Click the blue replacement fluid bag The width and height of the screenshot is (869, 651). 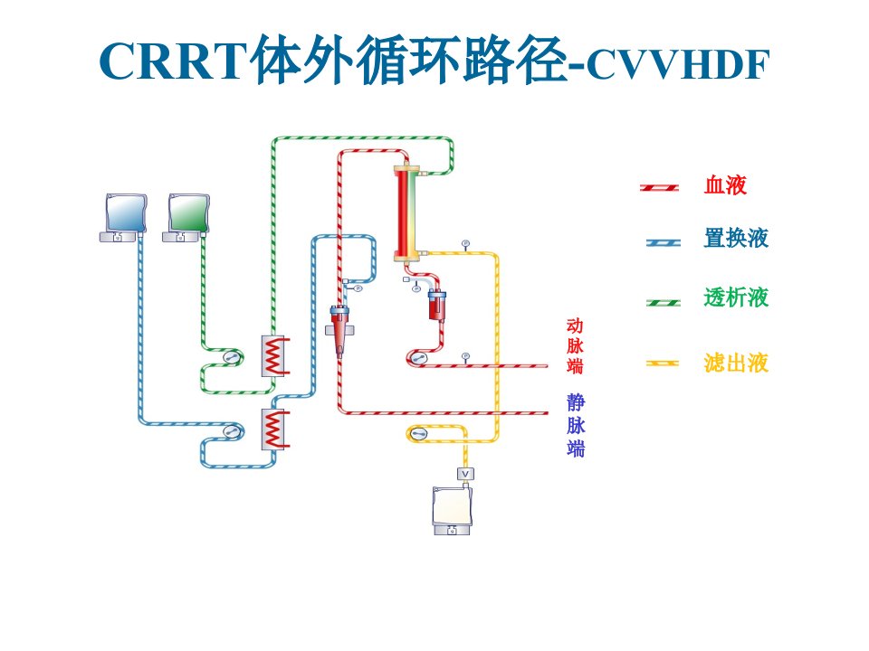[x=127, y=213]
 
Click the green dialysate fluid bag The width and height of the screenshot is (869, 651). [x=189, y=213]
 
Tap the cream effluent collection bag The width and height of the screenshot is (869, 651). [x=453, y=506]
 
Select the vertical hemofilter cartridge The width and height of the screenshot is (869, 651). [x=407, y=213]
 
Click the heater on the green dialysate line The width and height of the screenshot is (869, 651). [x=275, y=356]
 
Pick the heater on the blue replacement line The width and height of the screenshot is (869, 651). [x=275, y=429]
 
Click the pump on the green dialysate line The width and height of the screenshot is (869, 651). [x=232, y=356]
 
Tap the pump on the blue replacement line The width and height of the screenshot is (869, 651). [x=232, y=430]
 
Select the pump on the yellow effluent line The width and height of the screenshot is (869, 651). [x=418, y=432]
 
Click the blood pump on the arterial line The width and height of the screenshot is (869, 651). [x=418, y=358]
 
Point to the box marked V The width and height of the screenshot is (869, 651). [x=465, y=474]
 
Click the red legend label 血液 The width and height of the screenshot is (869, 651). [x=725, y=184]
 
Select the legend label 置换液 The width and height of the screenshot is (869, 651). [x=736, y=238]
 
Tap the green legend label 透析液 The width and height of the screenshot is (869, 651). [x=736, y=297]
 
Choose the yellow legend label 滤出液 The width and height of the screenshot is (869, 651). [x=736, y=363]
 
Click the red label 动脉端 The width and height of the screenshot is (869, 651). [x=575, y=346]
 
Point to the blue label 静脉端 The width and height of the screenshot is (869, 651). [x=576, y=425]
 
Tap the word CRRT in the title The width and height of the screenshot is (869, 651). [x=173, y=61]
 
